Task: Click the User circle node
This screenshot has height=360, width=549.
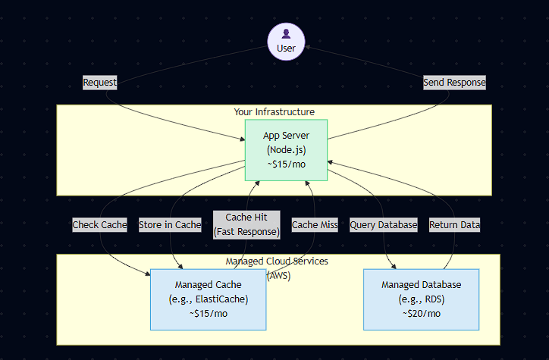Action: pyautogui.click(x=286, y=42)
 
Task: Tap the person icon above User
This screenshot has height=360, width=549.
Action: pyautogui.click(x=286, y=34)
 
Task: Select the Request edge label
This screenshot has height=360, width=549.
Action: pyautogui.click(x=99, y=83)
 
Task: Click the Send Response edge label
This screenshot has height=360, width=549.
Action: pyautogui.click(x=454, y=82)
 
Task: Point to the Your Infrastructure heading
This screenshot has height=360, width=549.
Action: pyautogui.click(x=274, y=112)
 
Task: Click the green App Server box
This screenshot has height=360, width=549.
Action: pyautogui.click(x=286, y=150)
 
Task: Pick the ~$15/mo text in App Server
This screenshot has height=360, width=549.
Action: pyautogui.click(x=286, y=164)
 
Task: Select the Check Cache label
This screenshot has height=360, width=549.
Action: pyautogui.click(x=99, y=225)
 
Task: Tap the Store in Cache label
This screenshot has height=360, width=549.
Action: pyautogui.click(x=170, y=225)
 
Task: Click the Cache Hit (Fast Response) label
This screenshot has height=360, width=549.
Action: pyautogui.click(x=246, y=224)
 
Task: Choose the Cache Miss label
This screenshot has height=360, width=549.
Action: pyautogui.click(x=315, y=225)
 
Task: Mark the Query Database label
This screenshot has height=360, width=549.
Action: pyautogui.click(x=384, y=225)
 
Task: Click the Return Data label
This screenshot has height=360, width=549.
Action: pyautogui.click(x=454, y=225)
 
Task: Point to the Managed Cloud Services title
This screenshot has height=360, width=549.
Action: pyautogui.click(x=278, y=261)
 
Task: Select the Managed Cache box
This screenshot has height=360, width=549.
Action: pyautogui.click(x=208, y=299)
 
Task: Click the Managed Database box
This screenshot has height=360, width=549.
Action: pyautogui.click(x=422, y=299)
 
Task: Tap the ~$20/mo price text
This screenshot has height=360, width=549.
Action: pyautogui.click(x=422, y=314)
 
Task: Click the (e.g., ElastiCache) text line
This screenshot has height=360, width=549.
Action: pyautogui.click(x=208, y=299)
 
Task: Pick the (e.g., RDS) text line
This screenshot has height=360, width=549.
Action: pyautogui.click(x=422, y=299)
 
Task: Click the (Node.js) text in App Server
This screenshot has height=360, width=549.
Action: pyautogui.click(x=286, y=150)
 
